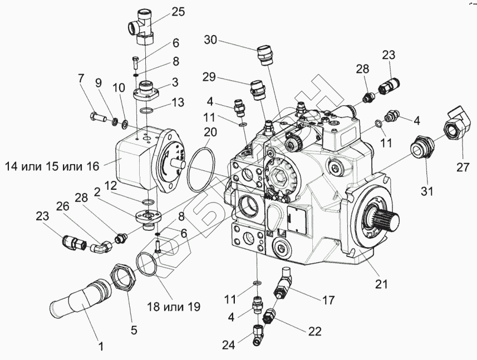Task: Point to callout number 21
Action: click(x=380, y=285)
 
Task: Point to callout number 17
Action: click(x=328, y=300)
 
